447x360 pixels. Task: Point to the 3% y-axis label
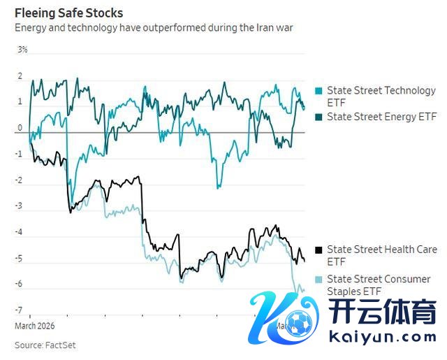pyautogui.click(x=22, y=50)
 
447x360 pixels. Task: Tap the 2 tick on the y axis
pyautogui.click(x=20, y=76)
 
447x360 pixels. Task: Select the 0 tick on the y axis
pyautogui.click(x=20, y=128)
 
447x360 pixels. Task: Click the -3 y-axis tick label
pyautogui.click(x=20, y=206)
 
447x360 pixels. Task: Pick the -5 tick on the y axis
pyautogui.click(x=20, y=259)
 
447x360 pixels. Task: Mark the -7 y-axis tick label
pyautogui.click(x=20, y=310)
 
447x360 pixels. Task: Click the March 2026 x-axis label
pyautogui.click(x=34, y=325)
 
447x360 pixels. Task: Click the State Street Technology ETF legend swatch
pyautogui.click(x=319, y=91)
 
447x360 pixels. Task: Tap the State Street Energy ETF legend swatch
pyautogui.click(x=319, y=117)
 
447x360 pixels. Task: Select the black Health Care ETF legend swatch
pyautogui.click(x=319, y=250)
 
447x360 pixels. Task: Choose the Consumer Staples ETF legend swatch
pyautogui.click(x=319, y=280)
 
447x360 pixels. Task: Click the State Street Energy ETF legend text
pyautogui.click(x=381, y=117)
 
